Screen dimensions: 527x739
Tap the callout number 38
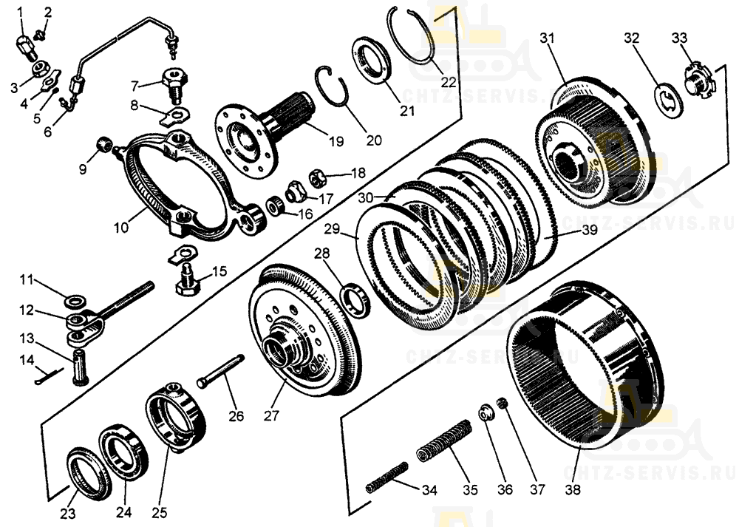(x=573, y=489)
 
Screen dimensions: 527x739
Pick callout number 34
(x=429, y=489)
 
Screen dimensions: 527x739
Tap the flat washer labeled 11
(x=75, y=302)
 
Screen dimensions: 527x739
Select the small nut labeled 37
(x=503, y=403)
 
